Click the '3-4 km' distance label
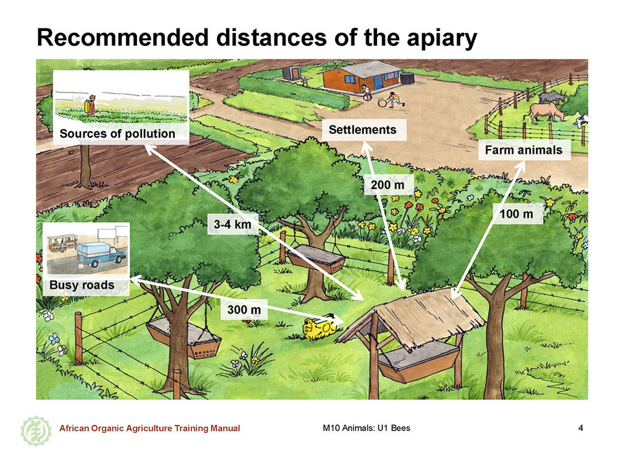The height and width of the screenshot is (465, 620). pyautogui.click(x=232, y=224)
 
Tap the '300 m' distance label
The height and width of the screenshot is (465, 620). pyautogui.click(x=244, y=309)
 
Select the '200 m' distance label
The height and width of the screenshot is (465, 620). pyautogui.click(x=387, y=185)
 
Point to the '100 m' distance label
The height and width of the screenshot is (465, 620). pyautogui.click(x=517, y=214)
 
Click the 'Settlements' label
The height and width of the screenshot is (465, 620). pyautogui.click(x=362, y=130)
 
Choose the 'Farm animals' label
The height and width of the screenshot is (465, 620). pyautogui.click(x=524, y=150)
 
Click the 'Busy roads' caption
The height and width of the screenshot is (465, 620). pyautogui.click(x=82, y=285)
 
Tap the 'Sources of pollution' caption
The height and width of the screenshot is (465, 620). pyautogui.click(x=118, y=134)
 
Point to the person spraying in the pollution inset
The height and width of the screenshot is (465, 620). pyautogui.click(x=90, y=105)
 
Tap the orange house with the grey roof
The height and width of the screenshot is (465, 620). pyautogui.click(x=362, y=76)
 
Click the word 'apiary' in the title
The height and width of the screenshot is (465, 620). pyautogui.click(x=437, y=38)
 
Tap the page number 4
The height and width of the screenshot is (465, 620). pyautogui.click(x=581, y=428)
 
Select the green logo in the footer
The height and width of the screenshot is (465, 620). pyautogui.click(x=36, y=431)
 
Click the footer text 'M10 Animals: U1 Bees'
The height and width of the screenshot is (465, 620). pyautogui.click(x=366, y=428)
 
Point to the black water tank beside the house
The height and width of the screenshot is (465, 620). pyautogui.click(x=408, y=77)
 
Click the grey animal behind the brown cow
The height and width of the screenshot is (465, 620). pyautogui.click(x=552, y=97)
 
